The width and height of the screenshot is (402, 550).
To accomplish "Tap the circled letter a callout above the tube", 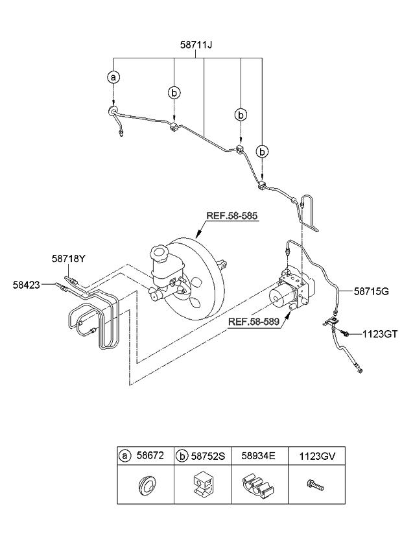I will (x=113, y=77).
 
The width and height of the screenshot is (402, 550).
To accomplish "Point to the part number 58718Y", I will (x=69, y=259).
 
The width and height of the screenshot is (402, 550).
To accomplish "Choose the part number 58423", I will (x=27, y=283).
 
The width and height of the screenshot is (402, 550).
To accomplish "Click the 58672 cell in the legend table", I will (x=152, y=456).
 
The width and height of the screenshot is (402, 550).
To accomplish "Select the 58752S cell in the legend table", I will (x=207, y=456).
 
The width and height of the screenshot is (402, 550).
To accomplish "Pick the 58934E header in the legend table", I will (x=259, y=456).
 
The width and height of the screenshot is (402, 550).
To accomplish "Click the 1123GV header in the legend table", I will (x=316, y=456).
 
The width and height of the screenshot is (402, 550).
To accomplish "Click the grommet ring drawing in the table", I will (x=146, y=485).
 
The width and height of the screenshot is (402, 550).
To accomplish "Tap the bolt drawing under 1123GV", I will (x=316, y=484).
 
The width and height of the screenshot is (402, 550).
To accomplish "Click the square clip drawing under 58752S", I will (x=203, y=485).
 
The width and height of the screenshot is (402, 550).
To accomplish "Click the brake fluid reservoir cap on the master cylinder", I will (x=158, y=252).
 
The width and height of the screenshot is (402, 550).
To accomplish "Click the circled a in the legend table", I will (x=124, y=456).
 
